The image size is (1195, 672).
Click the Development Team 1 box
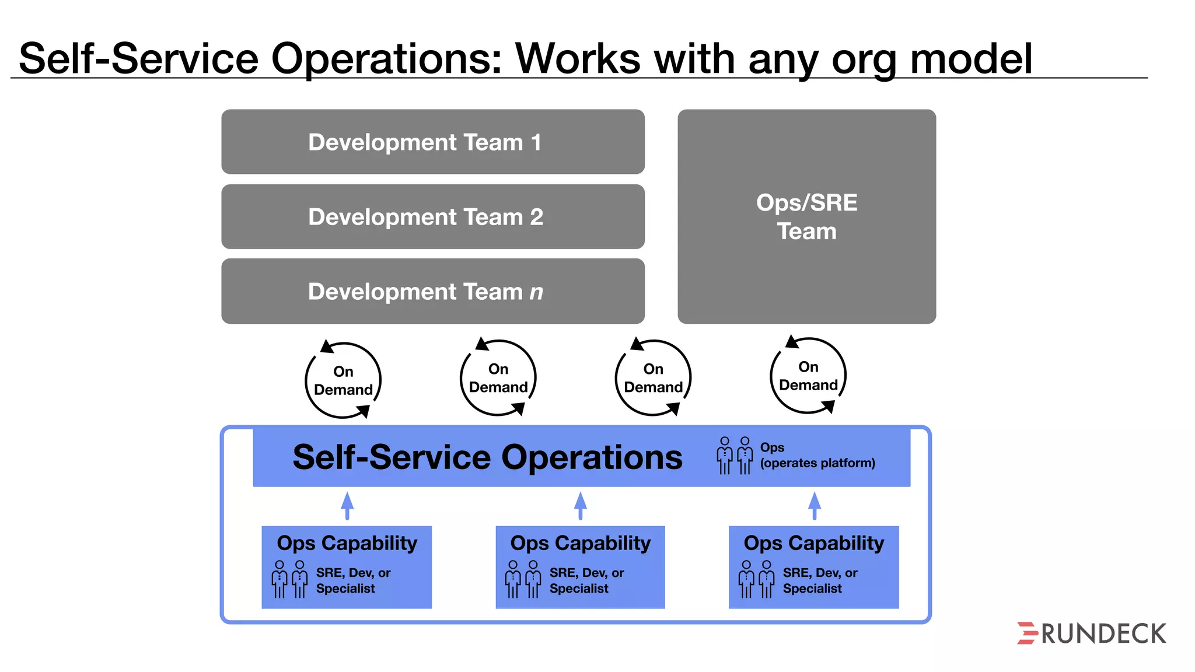pos(432,142)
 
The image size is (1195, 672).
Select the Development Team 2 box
pos(432,216)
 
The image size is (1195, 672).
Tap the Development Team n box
pos(432,291)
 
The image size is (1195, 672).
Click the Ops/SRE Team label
pos(806,217)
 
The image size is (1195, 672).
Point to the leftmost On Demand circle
pos(343,380)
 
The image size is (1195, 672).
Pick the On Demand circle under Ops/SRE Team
pos(808,376)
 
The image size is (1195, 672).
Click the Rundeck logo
pos(1091,633)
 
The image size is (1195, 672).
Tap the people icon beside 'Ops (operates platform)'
pos(735,455)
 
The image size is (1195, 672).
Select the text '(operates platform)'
pos(817,463)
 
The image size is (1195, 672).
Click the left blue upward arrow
pos(347,505)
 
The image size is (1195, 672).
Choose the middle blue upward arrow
pos(580,505)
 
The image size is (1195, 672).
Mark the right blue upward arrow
pos(815,505)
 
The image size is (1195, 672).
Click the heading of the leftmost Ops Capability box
pos(347,543)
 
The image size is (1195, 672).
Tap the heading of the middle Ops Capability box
pos(581,543)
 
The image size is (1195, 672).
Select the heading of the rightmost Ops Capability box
pos(814,543)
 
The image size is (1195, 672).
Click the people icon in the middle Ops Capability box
pos(523,579)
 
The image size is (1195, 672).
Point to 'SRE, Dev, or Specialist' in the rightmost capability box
pos(820,580)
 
